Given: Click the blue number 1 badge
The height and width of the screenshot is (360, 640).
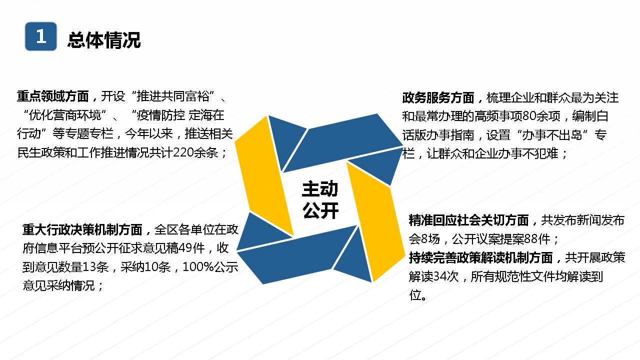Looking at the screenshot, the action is click(x=41, y=36).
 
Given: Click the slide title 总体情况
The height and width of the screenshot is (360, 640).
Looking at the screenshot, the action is click(x=104, y=39).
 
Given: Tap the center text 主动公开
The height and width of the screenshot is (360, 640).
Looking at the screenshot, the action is click(x=320, y=199).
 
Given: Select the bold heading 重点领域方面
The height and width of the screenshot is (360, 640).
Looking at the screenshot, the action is click(x=53, y=96).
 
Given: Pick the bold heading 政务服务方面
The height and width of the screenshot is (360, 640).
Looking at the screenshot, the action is click(x=438, y=97).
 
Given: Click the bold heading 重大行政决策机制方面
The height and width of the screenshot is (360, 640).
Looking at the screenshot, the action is click(x=82, y=229).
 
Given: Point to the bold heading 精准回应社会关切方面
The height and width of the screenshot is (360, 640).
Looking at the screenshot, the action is click(x=469, y=220).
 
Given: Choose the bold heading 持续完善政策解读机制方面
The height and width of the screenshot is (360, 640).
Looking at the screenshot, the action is click(x=481, y=257).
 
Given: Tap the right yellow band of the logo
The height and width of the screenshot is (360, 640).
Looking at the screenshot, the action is click(x=375, y=221).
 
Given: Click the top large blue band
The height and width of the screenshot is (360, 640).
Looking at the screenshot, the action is click(x=343, y=143).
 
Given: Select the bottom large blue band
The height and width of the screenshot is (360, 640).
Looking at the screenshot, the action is click(x=297, y=255).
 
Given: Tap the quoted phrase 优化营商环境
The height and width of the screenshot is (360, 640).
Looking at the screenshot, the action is click(x=65, y=115).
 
